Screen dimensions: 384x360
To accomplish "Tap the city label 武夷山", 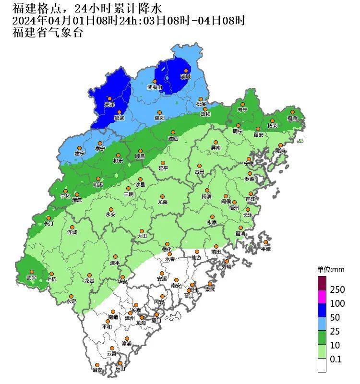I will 155,87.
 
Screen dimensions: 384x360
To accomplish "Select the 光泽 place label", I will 109,105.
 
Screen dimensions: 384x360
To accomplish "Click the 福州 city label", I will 234,208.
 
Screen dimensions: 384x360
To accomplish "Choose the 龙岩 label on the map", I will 89,281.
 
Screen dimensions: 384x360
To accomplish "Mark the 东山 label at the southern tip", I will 120,369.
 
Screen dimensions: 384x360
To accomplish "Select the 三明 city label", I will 129,194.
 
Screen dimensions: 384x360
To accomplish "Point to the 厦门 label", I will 156,320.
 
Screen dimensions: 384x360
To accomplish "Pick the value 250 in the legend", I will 337,290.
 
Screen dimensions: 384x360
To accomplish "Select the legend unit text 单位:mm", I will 331,269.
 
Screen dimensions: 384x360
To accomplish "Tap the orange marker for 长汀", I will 48,217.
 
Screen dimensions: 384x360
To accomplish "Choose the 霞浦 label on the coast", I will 279,150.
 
